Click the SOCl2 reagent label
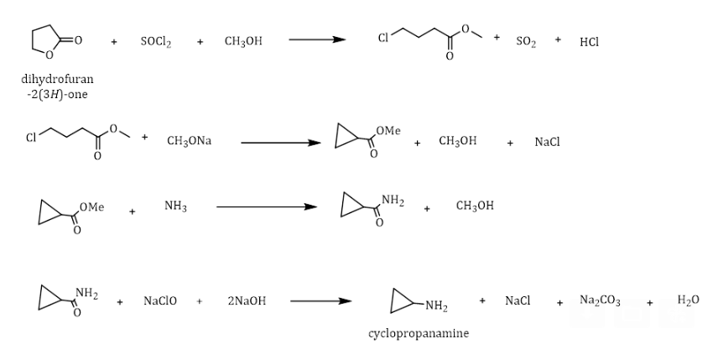pyautogui.click(x=156, y=41)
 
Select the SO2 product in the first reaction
pyautogui.click(x=526, y=41)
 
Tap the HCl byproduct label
pyautogui.click(x=589, y=41)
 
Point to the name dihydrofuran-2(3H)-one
pyautogui.click(x=57, y=86)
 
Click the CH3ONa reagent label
pyautogui.click(x=189, y=141)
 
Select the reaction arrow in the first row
pyautogui.click(x=317, y=39)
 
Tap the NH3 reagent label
pyautogui.click(x=175, y=206)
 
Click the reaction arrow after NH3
pyautogui.click(x=266, y=206)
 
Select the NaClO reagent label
pyautogui.click(x=160, y=300)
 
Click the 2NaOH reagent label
pyautogui.click(x=246, y=300)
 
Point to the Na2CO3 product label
pyautogui.click(x=600, y=300)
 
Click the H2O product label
pyautogui.click(x=688, y=300)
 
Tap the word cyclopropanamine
pyautogui.click(x=419, y=333)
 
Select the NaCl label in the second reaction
pyautogui.click(x=547, y=142)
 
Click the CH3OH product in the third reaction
pyautogui.click(x=475, y=206)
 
